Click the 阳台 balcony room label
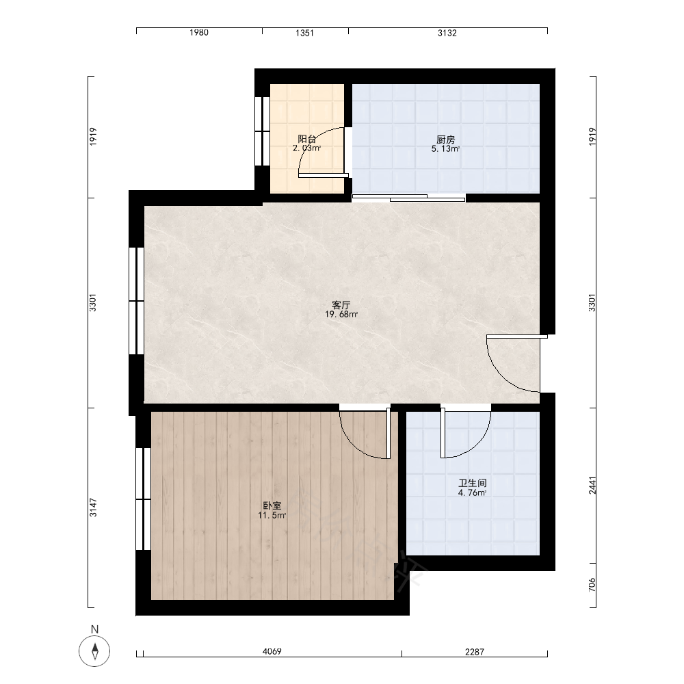pyautogui.click(x=307, y=139)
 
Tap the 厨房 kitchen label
pyautogui.click(x=445, y=140)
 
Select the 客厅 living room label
pyautogui.click(x=341, y=305)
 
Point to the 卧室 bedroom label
pyautogui.click(x=272, y=506)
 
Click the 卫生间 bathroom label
pyautogui.click(x=473, y=484)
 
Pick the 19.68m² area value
pyautogui.click(x=341, y=315)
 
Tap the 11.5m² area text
pyautogui.click(x=272, y=516)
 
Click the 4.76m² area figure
pyautogui.click(x=473, y=493)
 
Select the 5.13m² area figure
pyautogui.click(x=445, y=148)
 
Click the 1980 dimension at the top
pyautogui.click(x=199, y=33)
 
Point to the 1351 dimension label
pyautogui.click(x=304, y=33)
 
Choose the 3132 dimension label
pyautogui.click(x=447, y=33)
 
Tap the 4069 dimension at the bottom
pyautogui.click(x=272, y=652)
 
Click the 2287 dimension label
pyautogui.click(x=474, y=652)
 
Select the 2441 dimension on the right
pyautogui.click(x=592, y=485)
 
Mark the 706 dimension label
pyautogui.click(x=592, y=585)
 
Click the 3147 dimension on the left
pyautogui.click(x=93, y=508)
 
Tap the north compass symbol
pyautogui.click(x=94, y=651)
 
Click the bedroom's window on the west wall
pyautogui.click(x=143, y=499)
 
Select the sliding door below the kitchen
pyautogui.click(x=409, y=198)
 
